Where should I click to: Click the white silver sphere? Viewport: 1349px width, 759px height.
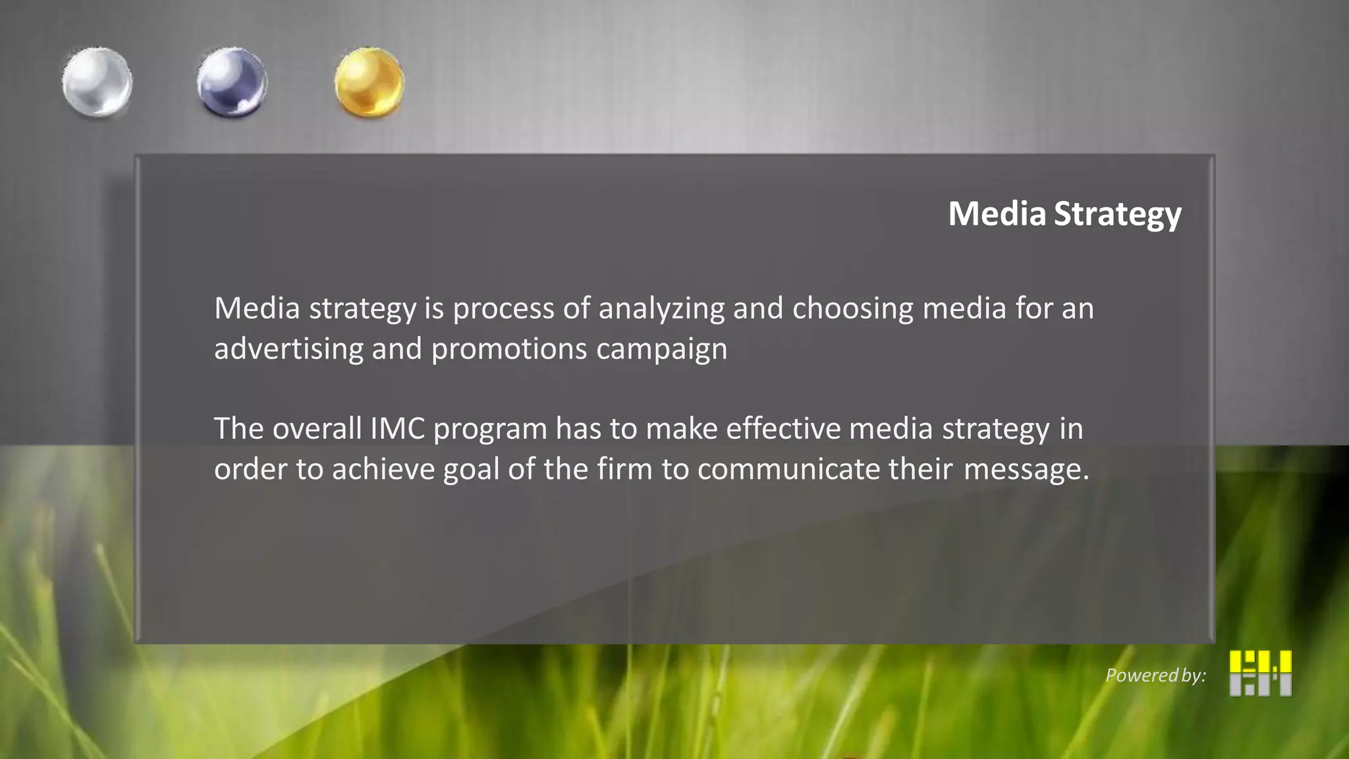(97, 83)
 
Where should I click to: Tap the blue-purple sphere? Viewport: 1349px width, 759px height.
(232, 83)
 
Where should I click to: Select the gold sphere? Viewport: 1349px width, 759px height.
(369, 83)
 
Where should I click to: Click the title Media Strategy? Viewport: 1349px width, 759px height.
(1064, 214)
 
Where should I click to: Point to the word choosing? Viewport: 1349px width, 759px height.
(853, 309)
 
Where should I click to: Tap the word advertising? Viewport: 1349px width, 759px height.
(289, 349)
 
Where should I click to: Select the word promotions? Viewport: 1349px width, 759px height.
(509, 349)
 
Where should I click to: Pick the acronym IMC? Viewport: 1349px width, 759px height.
(397, 429)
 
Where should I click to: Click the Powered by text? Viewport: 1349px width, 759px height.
(1155, 675)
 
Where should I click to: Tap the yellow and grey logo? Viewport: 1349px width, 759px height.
(1260, 673)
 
